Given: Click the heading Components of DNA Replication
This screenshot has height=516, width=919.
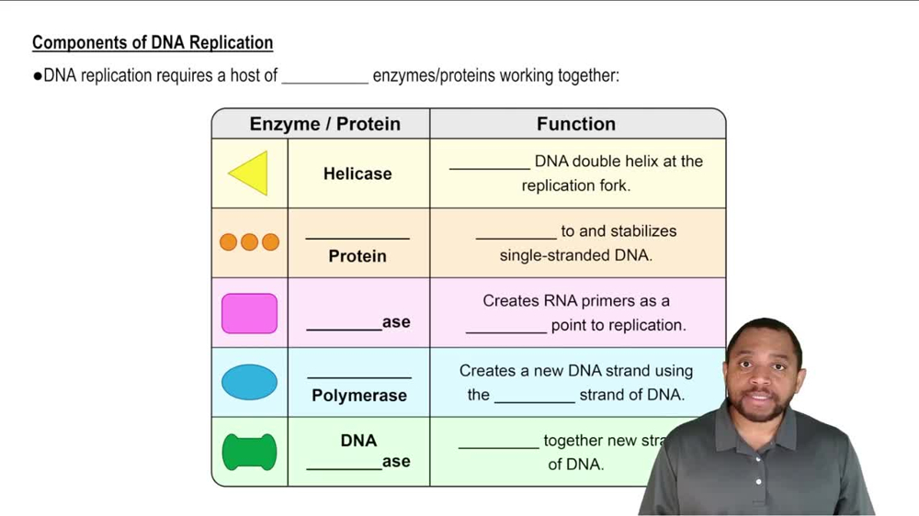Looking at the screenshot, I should [153, 42].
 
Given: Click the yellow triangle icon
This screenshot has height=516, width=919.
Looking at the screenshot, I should [251, 174].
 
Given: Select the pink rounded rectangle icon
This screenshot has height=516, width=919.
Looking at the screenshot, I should [249, 313].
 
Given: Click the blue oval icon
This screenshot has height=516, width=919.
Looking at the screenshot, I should [249, 382].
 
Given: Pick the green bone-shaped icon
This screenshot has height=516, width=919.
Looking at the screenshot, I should [249, 452].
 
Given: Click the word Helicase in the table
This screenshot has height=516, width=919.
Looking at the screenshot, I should [357, 174].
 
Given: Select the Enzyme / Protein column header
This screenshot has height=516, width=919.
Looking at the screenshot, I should [324, 124].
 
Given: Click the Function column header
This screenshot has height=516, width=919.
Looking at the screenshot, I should [576, 124].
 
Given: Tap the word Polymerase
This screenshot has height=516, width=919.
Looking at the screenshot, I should [358, 396].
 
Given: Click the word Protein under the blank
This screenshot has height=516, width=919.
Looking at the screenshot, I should [357, 256].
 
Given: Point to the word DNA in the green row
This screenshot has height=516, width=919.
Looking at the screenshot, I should [358, 441].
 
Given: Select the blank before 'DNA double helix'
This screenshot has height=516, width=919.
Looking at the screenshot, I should [489, 167].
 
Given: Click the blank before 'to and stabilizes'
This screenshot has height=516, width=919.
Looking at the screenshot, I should [516, 237].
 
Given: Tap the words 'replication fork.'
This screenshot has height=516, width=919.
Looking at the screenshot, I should [576, 185].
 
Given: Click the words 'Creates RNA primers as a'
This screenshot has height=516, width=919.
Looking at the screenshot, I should [576, 301].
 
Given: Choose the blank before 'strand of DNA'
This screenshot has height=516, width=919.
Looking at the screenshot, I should [534, 401].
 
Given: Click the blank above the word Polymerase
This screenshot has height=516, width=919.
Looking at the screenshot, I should [358, 376].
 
